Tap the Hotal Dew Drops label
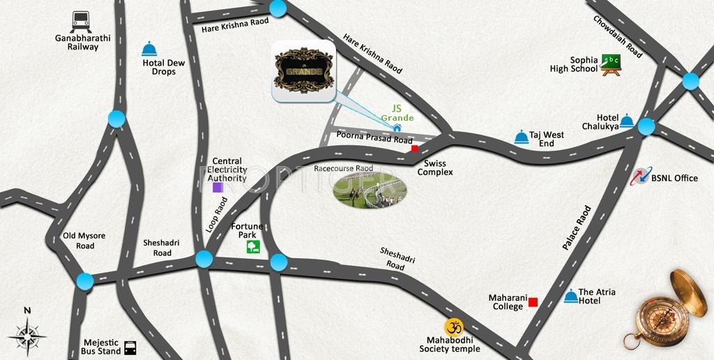(163, 67)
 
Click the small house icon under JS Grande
(397, 128)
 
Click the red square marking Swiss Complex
(414, 148)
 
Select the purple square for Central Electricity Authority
(218, 187)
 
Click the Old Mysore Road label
(84, 241)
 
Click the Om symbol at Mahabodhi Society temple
(454, 327)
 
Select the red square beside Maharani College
(533, 302)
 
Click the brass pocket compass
(665, 308)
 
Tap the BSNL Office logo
(640, 178)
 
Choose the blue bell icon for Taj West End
(521, 137)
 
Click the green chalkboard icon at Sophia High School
(612, 63)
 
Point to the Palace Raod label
(576, 228)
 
